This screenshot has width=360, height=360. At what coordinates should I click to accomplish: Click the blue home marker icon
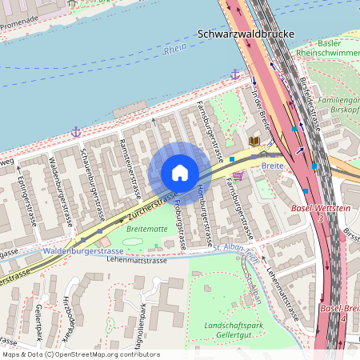point(179,173)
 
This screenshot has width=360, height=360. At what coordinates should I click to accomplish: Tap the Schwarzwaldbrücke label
point(245,35)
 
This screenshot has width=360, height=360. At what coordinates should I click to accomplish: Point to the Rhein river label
point(174,50)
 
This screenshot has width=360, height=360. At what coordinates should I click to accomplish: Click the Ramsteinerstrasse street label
point(129,169)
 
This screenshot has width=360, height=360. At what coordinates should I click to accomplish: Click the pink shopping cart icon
point(237,176)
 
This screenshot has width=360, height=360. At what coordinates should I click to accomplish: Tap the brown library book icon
point(254,142)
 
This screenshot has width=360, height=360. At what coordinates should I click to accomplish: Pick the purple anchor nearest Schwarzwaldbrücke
point(235,74)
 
